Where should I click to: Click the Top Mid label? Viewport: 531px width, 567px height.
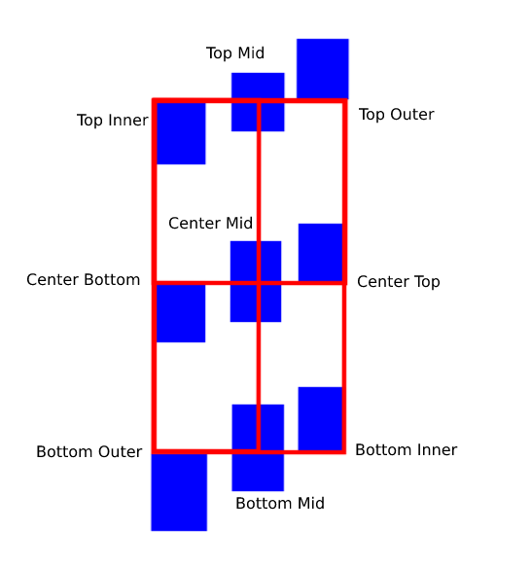pos(235,53)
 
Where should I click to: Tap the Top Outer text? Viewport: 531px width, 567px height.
pos(397,115)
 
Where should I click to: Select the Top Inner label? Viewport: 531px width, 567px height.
pos(113,121)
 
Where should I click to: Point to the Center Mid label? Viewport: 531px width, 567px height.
pos(210,223)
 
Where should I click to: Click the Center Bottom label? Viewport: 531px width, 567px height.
pos(84,280)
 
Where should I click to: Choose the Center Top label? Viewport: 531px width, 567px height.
pos(399,282)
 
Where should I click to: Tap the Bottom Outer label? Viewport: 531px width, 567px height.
pos(88,452)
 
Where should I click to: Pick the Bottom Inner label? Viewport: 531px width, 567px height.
pos(407,450)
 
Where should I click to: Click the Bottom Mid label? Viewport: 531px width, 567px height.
pos(280,504)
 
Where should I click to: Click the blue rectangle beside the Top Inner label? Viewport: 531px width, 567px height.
pos(181,133)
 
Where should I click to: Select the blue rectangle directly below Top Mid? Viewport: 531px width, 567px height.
pos(258,102)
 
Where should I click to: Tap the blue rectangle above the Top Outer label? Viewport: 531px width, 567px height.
pos(323,69)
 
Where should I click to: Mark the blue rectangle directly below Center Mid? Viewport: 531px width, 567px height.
pos(256,281)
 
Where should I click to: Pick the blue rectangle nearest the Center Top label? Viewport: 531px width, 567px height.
pos(321,253)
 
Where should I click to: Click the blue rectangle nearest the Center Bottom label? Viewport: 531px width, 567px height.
pos(181,313)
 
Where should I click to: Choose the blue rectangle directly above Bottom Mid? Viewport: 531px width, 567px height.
pos(258,447)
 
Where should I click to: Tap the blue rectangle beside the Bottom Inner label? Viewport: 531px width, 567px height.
pos(321,419)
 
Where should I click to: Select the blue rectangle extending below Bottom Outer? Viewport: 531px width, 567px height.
pos(179,492)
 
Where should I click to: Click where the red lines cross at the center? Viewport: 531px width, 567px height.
pos(259,283)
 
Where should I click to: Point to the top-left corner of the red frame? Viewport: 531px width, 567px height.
pos(155,100)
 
